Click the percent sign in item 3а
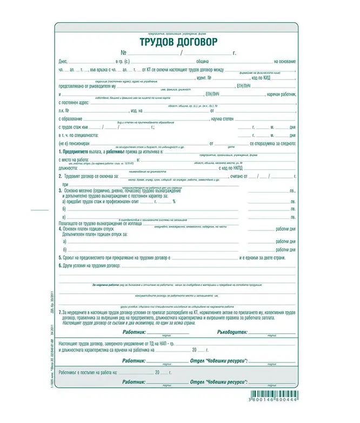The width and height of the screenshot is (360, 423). click(174, 201)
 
